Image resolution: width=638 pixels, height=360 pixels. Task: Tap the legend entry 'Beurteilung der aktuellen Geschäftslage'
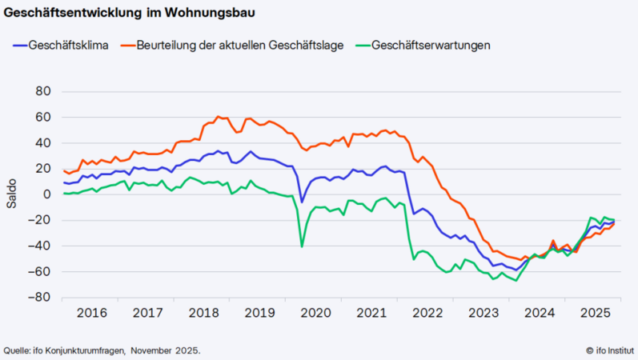[240, 45]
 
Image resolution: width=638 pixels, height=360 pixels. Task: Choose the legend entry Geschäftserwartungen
[431, 45]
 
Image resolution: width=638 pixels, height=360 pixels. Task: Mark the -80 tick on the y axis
[40, 298]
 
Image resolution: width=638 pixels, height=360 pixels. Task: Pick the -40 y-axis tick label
[40, 246]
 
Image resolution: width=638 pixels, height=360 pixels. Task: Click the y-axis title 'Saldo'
[11, 194]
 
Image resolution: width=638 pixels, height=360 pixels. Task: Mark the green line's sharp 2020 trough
[302, 246]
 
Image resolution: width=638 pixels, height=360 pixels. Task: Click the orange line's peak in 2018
[218, 117]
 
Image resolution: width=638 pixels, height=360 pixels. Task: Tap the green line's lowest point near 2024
[516, 280]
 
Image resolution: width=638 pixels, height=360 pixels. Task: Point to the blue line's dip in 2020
[302, 201]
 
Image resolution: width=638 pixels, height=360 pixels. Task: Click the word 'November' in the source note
[153, 350]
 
